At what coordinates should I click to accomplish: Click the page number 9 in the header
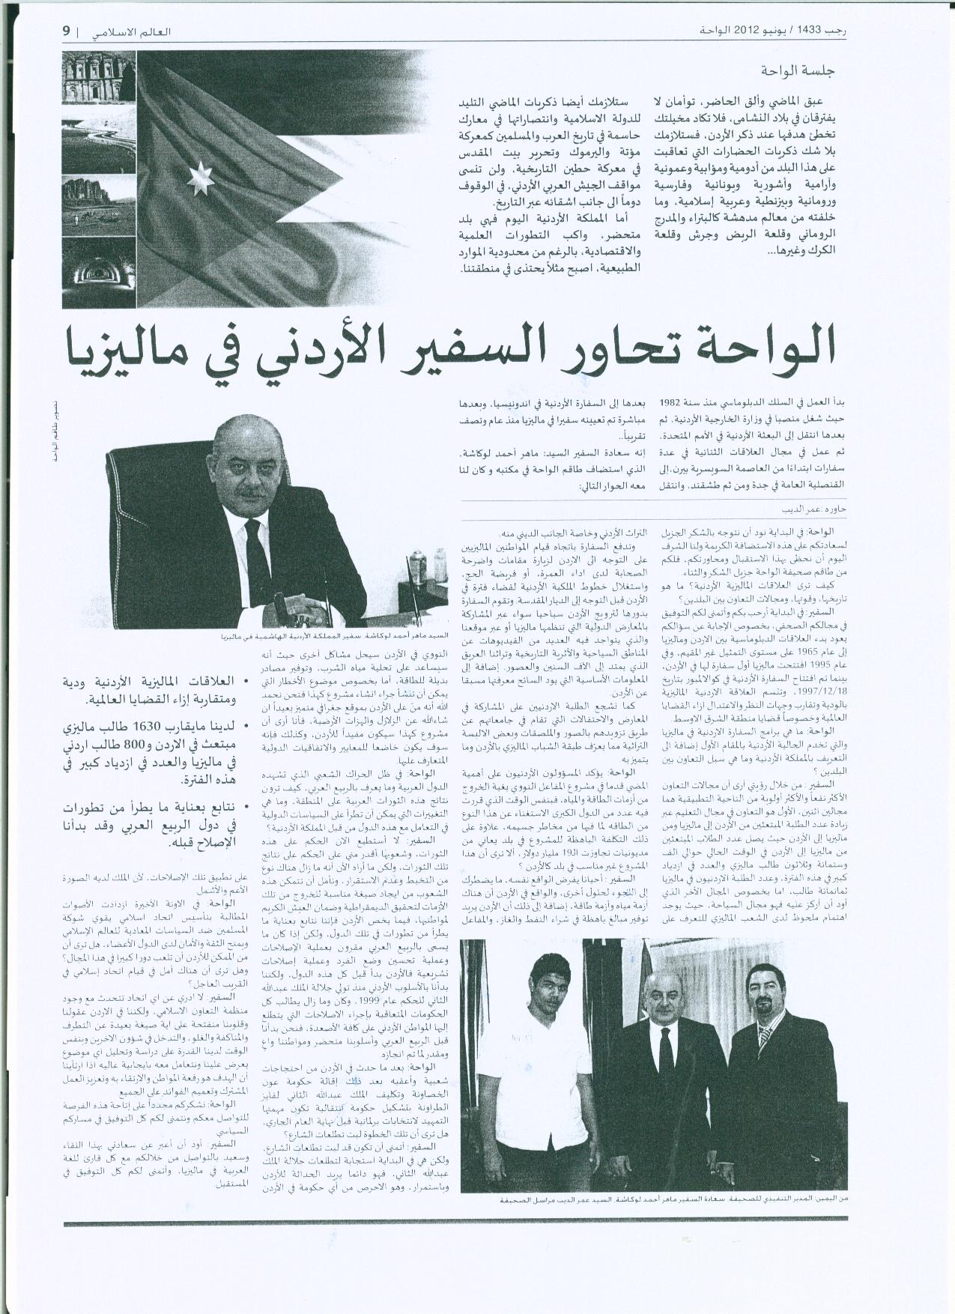click(66, 32)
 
